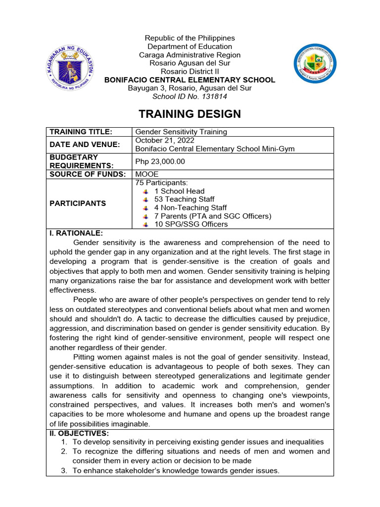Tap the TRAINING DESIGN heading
point(190,114)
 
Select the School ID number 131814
point(190,97)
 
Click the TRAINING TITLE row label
point(81,132)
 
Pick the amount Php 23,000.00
point(160,161)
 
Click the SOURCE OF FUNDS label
point(87,174)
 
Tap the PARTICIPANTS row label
point(78,203)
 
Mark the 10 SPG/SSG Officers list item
point(191,224)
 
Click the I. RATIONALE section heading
point(76,233)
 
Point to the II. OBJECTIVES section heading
point(79,433)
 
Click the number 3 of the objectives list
point(64,471)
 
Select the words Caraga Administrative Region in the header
point(190,55)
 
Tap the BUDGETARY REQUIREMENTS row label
point(81,161)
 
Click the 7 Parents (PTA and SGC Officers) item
point(213,216)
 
